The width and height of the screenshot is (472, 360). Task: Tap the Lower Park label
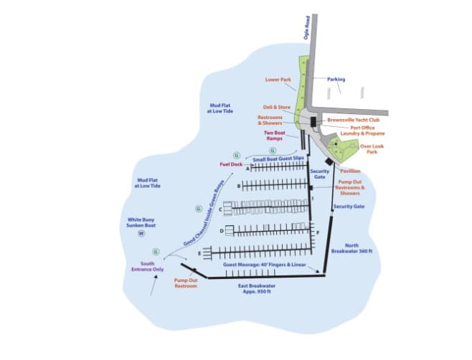tap(278, 80)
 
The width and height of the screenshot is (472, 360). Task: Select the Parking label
tap(336, 79)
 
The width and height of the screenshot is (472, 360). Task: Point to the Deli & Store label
tap(277, 107)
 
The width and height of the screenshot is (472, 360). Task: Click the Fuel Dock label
tap(231, 164)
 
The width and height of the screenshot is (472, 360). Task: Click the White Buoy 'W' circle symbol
tap(141, 233)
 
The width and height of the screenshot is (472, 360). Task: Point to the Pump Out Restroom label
tap(187, 283)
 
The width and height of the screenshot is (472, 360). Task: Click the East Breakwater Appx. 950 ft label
tap(257, 288)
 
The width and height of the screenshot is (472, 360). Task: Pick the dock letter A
tap(247, 170)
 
